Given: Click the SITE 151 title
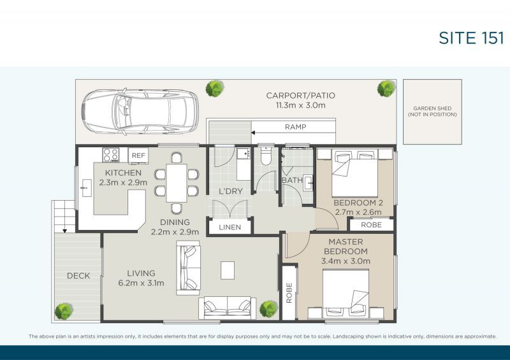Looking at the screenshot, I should click(471, 38).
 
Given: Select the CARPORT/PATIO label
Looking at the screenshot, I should click(300, 96).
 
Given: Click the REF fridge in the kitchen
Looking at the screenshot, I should click(138, 155).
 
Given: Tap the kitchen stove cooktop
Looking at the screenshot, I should click(110, 154).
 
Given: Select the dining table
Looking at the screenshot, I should click(177, 182).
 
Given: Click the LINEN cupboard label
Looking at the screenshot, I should click(229, 227).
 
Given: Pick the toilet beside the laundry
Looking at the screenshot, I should click(266, 157).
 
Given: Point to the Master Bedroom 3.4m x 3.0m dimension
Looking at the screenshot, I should click(346, 261).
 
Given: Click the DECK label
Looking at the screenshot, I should click(78, 276).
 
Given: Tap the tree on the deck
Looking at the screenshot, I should click(63, 311).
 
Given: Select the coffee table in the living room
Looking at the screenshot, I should click(228, 270).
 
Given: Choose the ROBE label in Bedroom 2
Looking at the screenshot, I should click(371, 225).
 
